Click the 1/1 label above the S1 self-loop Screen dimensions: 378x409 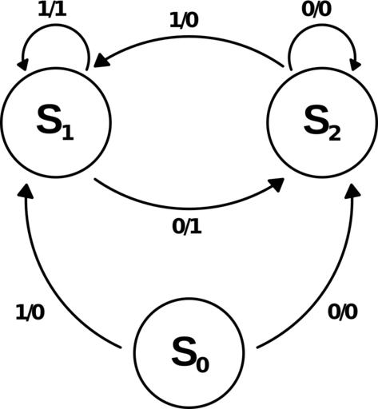pos(52,10)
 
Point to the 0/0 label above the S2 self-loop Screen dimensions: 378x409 pos(316,10)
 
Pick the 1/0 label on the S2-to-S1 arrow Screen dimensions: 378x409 pos(184,21)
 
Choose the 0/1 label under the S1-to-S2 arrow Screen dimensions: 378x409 pos(187,227)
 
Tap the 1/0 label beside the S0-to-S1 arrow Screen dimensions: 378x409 pos(30,312)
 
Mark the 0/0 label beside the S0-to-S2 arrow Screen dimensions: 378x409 pos(343,312)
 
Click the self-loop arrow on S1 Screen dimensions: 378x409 pos(56,25)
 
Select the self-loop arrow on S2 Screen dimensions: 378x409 pos(323,25)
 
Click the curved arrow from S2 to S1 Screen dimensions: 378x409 pos(187,37)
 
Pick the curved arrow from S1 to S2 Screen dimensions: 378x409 pos(187,208)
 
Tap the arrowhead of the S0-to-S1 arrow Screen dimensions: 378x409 pos(26,191)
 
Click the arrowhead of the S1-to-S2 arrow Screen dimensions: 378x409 pos(276,185)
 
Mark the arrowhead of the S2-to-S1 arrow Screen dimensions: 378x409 pos(101,61)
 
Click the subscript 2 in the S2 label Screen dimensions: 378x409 pos(335,134)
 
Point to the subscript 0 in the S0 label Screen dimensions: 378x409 pos(202,364)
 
